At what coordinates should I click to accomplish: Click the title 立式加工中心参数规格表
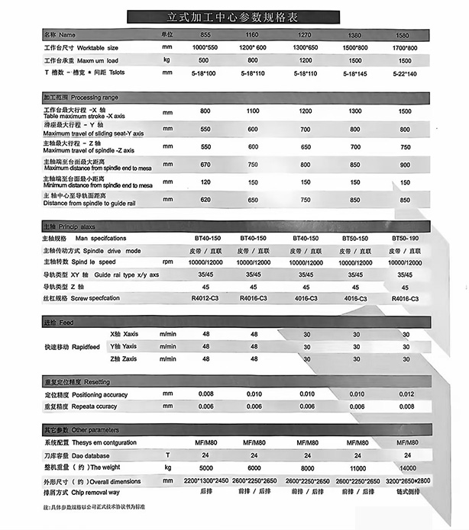click(234, 16)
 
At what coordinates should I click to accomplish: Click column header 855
click(205, 35)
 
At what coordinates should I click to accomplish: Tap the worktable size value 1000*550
click(205, 47)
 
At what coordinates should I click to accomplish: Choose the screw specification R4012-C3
click(205, 300)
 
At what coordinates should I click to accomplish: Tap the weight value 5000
click(205, 467)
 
